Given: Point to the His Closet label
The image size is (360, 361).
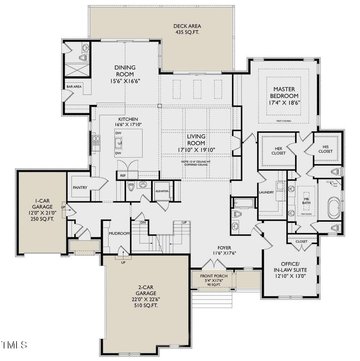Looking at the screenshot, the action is tap(325, 149).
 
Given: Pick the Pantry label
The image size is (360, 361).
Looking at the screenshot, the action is tap(80, 187).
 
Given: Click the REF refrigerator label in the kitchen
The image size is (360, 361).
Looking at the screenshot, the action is tap(122, 175).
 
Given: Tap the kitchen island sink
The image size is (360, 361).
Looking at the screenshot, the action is tap(119, 143).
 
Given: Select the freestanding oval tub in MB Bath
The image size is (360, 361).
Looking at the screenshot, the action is tap(333, 210).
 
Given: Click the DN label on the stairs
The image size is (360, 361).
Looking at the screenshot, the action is tap(143, 222).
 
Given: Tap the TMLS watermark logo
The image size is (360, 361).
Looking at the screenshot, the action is tap(14, 345).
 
